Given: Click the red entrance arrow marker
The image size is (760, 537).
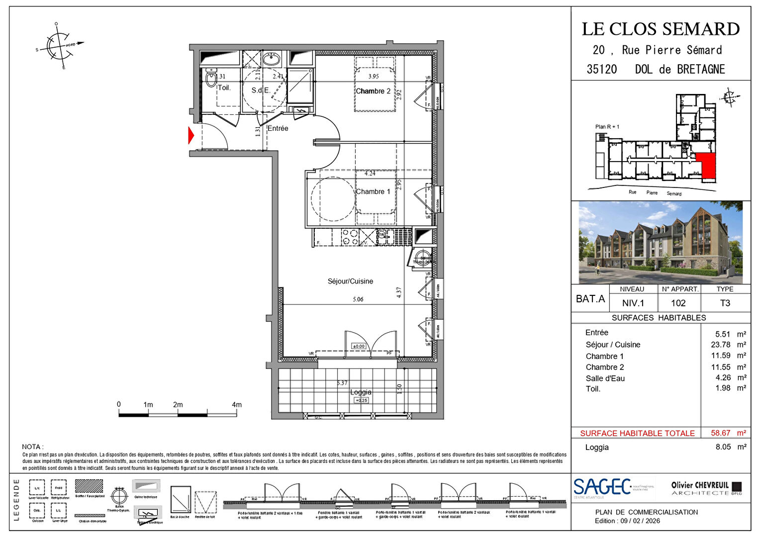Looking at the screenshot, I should click(x=191, y=136).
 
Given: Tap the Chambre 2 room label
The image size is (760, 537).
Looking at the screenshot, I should click(x=373, y=91).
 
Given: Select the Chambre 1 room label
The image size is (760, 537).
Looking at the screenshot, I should click(x=373, y=191).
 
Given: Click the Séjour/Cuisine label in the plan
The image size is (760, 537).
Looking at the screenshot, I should click(x=350, y=281).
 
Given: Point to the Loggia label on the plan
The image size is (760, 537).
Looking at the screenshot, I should click(x=361, y=392).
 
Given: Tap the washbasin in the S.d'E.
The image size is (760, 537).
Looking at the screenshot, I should click(x=272, y=60).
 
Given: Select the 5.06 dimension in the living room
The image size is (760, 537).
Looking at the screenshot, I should click(x=358, y=299).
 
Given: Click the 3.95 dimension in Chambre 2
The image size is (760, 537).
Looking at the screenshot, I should click(x=374, y=77).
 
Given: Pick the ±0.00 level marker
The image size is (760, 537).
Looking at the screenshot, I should click(x=358, y=346).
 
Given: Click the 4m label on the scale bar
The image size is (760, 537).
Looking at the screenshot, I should click(x=237, y=405).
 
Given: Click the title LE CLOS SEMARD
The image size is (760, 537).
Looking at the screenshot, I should click(x=661, y=29).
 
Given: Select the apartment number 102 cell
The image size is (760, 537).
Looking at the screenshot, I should click(x=678, y=303).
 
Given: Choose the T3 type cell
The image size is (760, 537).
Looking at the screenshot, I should click(x=725, y=303).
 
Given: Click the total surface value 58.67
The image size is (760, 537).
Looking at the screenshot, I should click(x=721, y=433).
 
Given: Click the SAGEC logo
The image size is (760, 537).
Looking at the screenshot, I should click(x=602, y=487).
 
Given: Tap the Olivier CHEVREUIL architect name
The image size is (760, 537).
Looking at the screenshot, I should click(x=700, y=485).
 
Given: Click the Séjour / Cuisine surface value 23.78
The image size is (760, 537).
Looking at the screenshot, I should click(x=721, y=345).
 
